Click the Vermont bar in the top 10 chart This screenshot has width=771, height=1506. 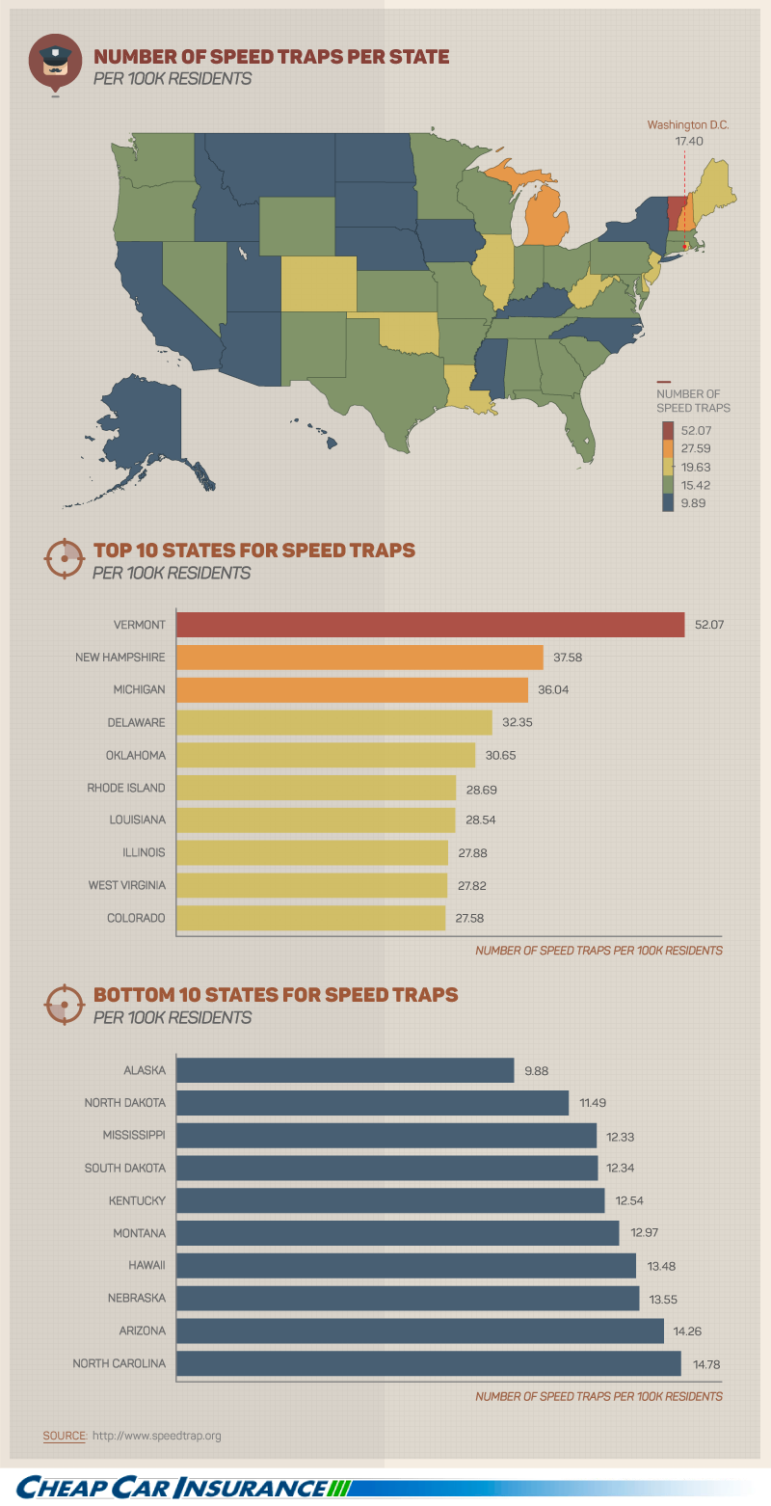click(x=430, y=625)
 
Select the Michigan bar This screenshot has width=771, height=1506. click(x=353, y=690)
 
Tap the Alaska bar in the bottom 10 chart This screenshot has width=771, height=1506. click(x=345, y=1070)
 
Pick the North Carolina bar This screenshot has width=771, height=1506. click(x=429, y=1363)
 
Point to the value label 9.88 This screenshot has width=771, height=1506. click(x=537, y=1070)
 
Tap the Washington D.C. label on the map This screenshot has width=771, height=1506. click(x=688, y=125)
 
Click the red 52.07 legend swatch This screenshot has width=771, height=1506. click(x=668, y=428)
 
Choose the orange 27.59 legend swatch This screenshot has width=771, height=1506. click(x=668, y=448)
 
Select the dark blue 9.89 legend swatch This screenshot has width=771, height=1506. click(x=668, y=502)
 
